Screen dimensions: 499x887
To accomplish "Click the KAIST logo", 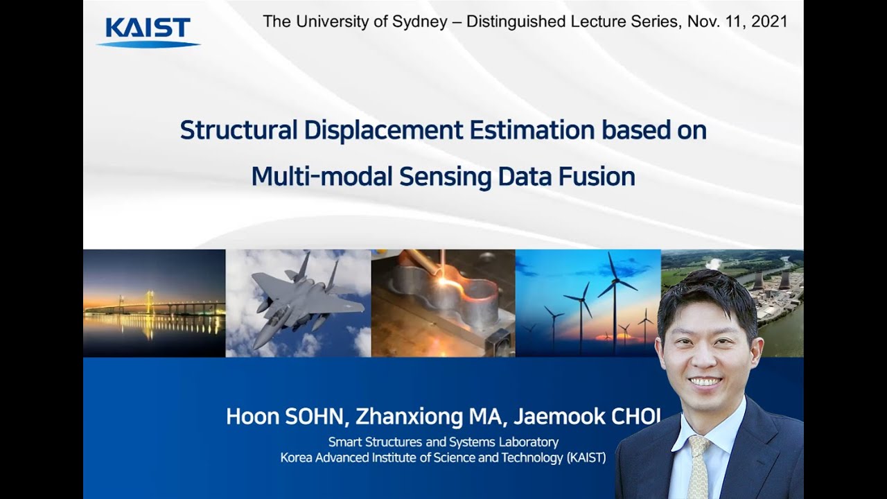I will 148,32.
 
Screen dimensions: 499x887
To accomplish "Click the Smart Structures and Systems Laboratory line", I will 443,442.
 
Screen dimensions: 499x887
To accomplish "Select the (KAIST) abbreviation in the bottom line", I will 586,457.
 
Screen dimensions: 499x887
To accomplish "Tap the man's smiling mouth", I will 705,382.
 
